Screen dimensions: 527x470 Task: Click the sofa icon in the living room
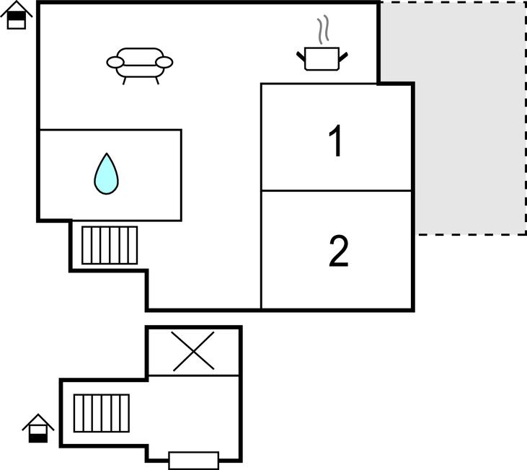140,66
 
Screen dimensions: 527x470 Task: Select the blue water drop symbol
106,174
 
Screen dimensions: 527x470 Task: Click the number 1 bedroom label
336,141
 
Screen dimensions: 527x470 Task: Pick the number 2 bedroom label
338,251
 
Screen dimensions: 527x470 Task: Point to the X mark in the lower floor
194,351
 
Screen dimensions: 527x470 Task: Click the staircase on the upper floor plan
110,245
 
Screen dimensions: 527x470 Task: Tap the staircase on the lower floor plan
102,413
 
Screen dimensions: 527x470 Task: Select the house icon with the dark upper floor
16,15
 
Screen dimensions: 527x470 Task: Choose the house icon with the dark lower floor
38,428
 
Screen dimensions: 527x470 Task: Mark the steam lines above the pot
323,30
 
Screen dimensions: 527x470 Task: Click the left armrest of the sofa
115,62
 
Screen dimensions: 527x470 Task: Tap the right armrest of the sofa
164,62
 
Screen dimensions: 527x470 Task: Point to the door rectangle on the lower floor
194,461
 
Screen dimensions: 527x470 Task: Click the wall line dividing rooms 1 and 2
337,190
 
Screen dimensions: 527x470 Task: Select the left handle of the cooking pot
301,56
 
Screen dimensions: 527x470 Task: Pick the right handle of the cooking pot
343,56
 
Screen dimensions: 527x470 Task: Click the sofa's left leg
124,81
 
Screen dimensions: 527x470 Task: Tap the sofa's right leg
157,81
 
